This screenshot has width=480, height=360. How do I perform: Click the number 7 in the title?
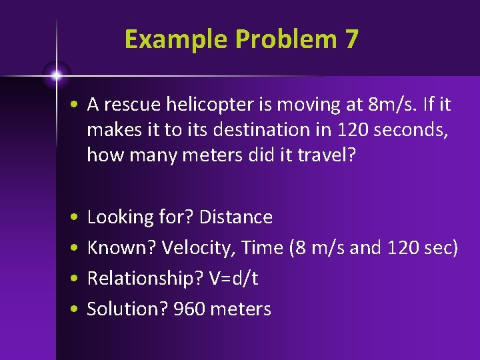pyautogui.click(x=351, y=39)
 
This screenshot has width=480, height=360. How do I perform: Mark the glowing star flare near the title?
pyautogui.click(x=57, y=75)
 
